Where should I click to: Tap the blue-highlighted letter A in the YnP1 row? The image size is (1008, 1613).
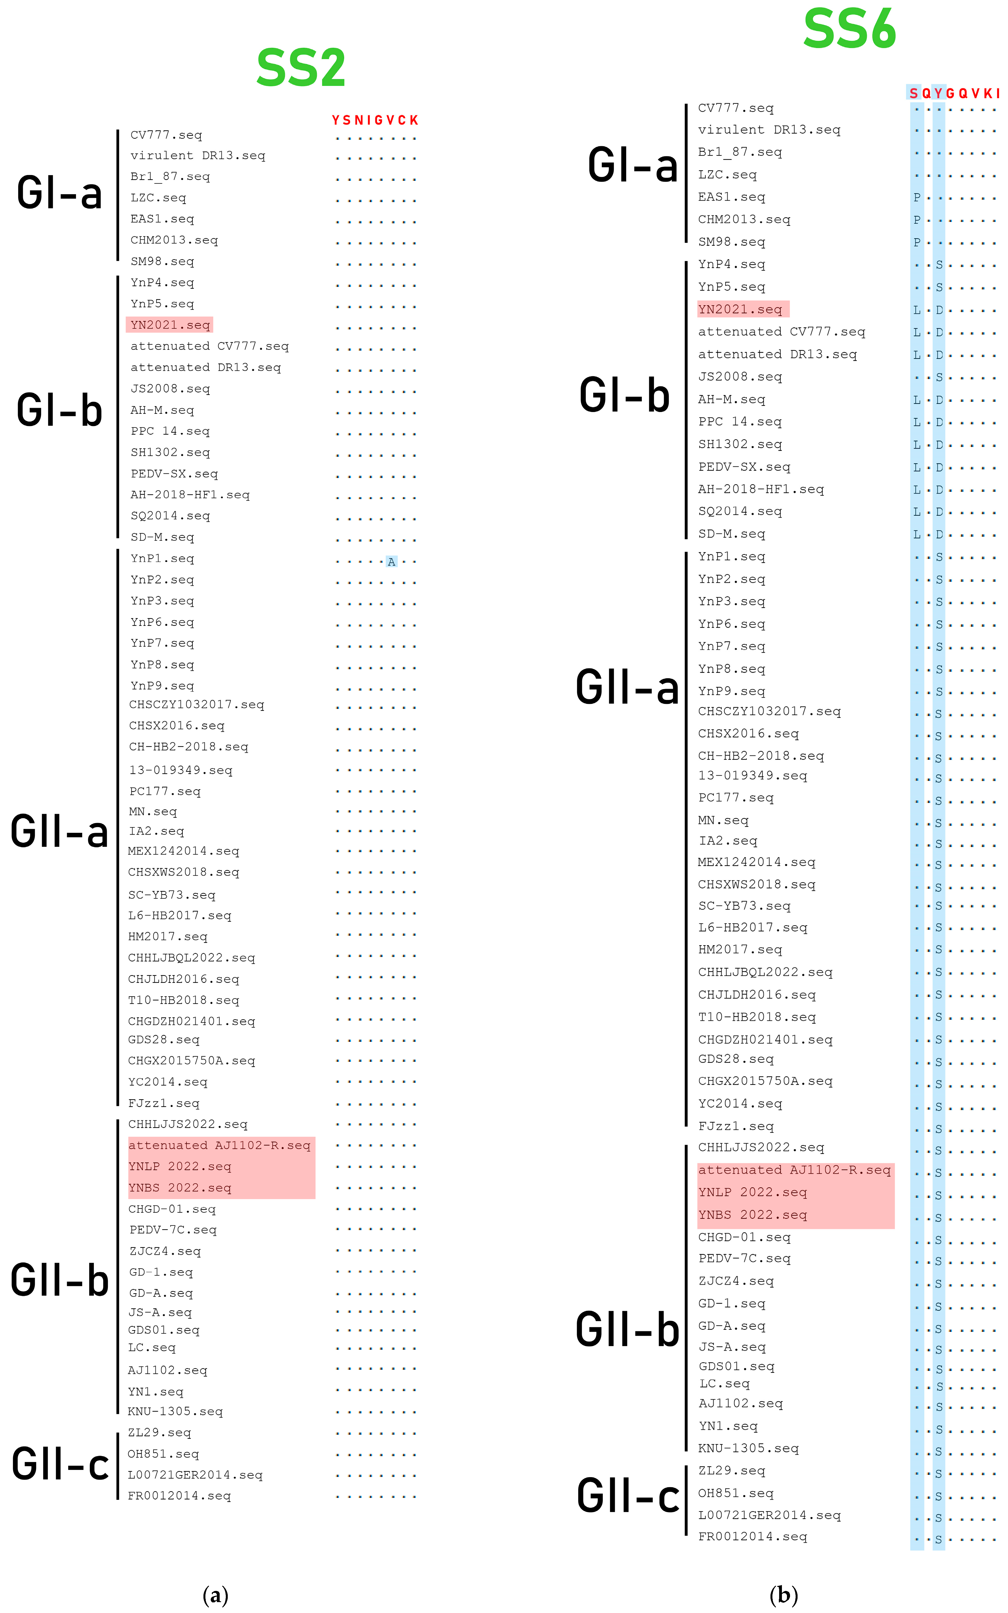coord(391,561)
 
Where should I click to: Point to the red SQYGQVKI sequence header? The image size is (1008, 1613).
coord(954,93)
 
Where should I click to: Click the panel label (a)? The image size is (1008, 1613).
coord(215,1595)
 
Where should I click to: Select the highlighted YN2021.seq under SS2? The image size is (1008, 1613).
coord(170,325)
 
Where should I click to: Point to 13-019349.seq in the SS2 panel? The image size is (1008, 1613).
coord(181,770)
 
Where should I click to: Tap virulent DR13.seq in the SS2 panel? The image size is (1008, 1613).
coord(197,155)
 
